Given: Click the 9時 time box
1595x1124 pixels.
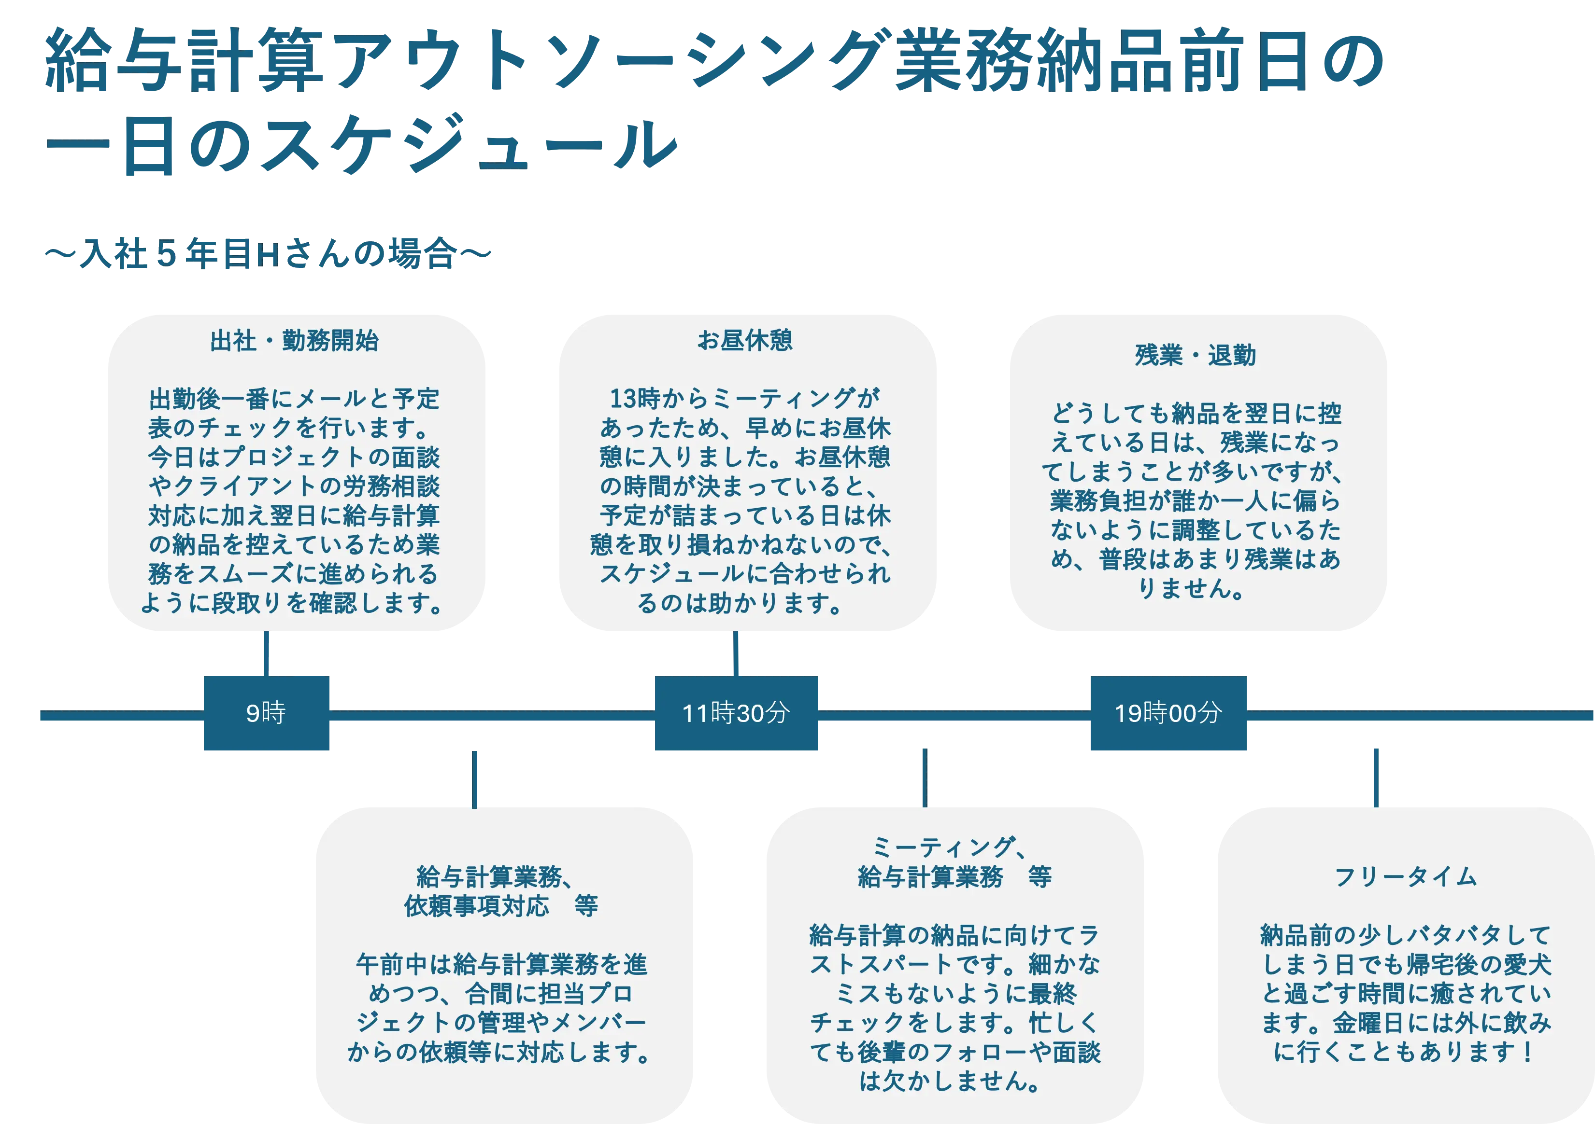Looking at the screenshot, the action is [x=266, y=713].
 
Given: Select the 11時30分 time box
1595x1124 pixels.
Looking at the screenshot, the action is [x=736, y=713].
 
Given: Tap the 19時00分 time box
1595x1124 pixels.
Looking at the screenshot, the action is [x=1168, y=713].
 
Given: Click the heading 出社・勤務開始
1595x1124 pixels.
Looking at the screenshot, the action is [x=295, y=341].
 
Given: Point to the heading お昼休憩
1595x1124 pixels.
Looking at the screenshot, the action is [x=745, y=340].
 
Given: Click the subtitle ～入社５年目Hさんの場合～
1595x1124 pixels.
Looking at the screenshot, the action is [x=268, y=253].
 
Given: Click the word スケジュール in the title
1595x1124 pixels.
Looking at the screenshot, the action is [x=469, y=144].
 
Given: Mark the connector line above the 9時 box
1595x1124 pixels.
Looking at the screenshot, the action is [x=266, y=653].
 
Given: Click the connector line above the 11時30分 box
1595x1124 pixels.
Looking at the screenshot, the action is [x=736, y=653].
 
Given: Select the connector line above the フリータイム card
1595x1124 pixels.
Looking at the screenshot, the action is [x=1376, y=777].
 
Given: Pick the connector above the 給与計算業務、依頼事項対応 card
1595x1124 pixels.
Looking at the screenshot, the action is [x=474, y=779].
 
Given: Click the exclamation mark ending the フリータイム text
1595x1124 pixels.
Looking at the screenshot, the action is [x=1527, y=1052].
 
